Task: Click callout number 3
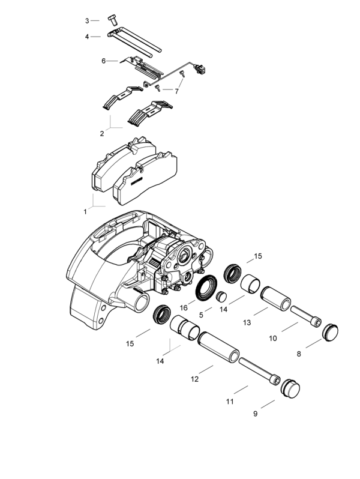87,21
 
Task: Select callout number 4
87,37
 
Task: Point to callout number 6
103,61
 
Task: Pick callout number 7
176,91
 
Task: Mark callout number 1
85,211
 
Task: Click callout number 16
184,307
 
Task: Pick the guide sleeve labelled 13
274,298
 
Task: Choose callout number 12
194,379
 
